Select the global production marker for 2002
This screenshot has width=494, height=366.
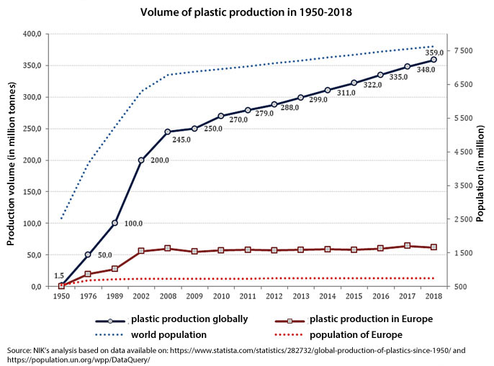141,160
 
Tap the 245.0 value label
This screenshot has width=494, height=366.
180,139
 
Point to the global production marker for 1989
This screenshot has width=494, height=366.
114,223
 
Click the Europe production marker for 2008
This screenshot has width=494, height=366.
168,248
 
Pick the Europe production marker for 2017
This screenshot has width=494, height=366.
408,246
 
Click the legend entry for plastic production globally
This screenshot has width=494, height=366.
189,319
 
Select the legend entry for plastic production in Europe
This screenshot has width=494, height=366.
370,319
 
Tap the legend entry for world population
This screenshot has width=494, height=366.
169,334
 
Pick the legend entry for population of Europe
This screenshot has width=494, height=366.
355,334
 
